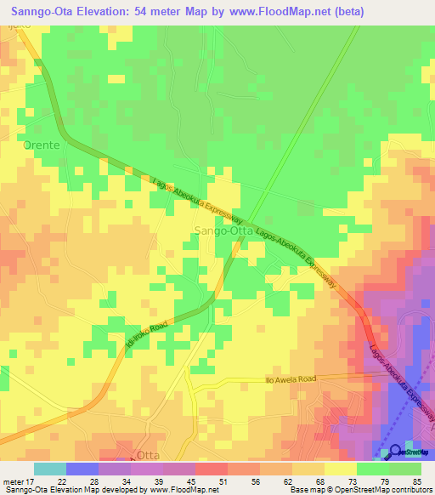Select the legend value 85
(415, 481)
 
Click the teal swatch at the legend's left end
(50, 469)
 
